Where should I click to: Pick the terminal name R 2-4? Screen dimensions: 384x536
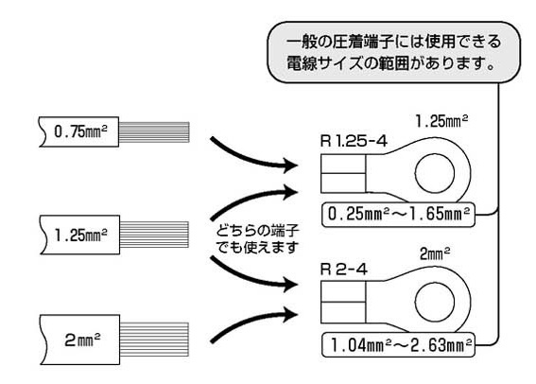tap(344, 270)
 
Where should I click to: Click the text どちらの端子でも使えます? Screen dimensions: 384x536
tap(251, 239)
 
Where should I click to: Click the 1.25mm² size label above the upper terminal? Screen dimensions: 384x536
tap(445, 122)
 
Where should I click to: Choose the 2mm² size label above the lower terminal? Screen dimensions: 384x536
tap(436, 253)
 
